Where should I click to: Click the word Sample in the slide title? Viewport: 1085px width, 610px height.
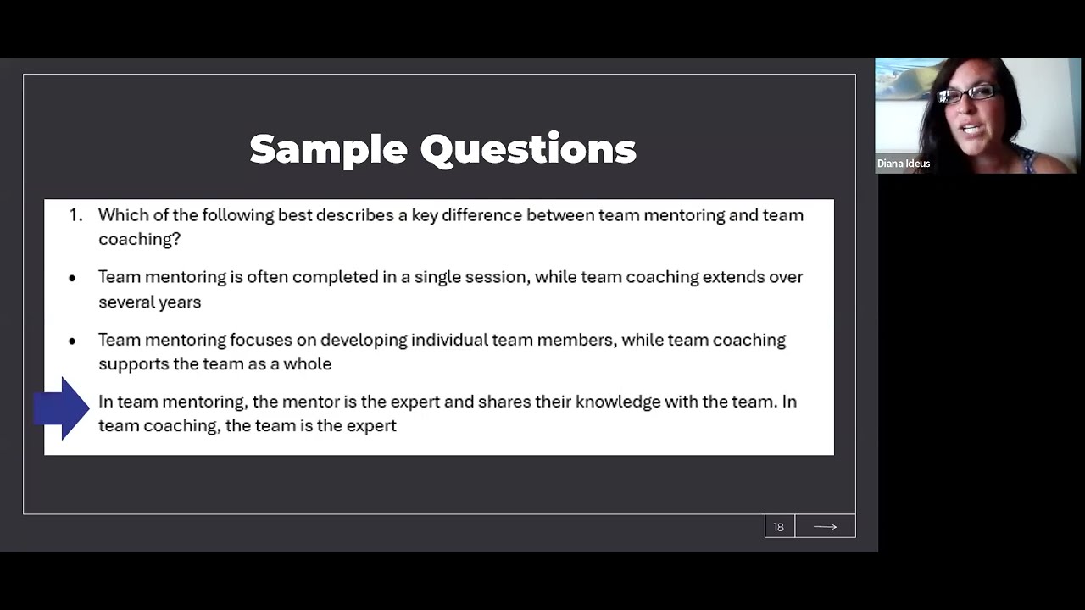click(328, 150)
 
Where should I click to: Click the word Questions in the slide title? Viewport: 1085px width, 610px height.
click(528, 150)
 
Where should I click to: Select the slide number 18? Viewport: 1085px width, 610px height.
click(778, 527)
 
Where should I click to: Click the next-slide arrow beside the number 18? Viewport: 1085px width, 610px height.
click(825, 527)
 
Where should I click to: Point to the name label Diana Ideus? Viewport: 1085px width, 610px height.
click(904, 164)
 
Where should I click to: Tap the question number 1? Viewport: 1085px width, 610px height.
click(75, 215)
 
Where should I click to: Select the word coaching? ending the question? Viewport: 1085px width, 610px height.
click(139, 239)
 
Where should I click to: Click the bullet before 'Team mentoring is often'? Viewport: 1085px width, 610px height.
click(72, 278)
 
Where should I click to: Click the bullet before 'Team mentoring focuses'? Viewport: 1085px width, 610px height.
click(72, 341)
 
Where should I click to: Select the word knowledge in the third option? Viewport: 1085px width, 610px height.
click(618, 402)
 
